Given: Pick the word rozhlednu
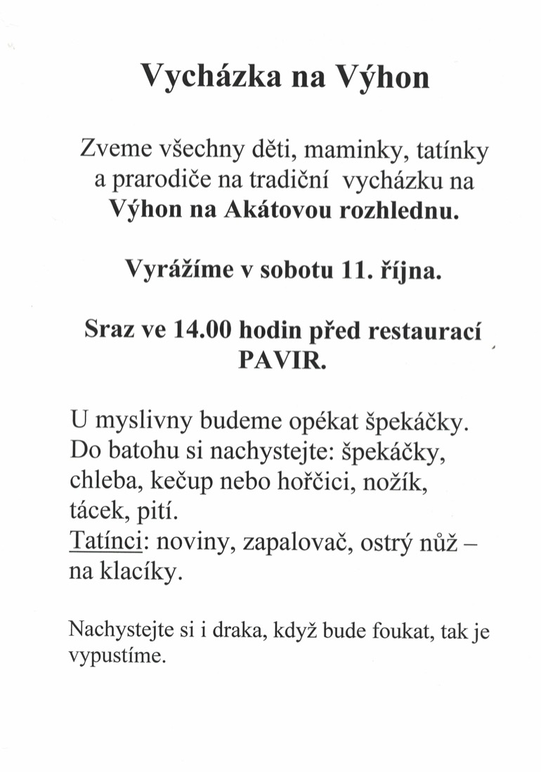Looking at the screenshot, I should pyautogui.click(x=398, y=211).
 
